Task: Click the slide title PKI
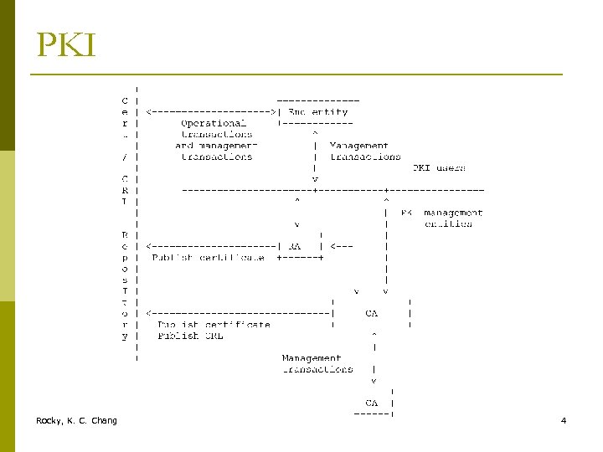[x=66, y=45]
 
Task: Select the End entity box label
[x=317, y=111]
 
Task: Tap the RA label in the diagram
[x=294, y=246]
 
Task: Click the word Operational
[x=214, y=123]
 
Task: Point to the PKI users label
[x=439, y=167]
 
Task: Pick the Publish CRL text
[x=190, y=336]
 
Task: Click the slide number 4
[x=564, y=420]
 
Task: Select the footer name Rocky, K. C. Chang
[x=76, y=420]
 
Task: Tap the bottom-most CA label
[x=372, y=403]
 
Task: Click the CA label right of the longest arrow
[x=372, y=313]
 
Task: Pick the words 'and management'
[x=216, y=145]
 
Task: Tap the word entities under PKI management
[x=448, y=223]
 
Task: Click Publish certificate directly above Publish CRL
[x=214, y=324]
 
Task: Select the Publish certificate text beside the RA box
[x=208, y=258]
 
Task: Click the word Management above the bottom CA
[x=312, y=357]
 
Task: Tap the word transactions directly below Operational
[x=216, y=134]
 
